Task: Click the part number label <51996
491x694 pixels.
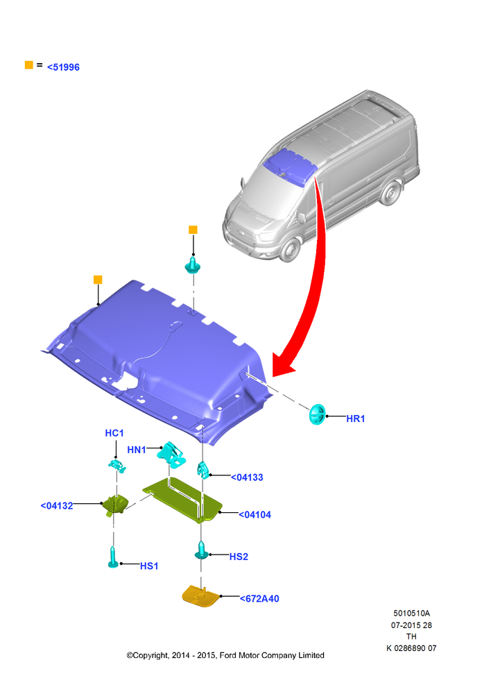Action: pyautogui.click(x=63, y=67)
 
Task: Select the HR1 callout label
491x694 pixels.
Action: pyautogui.click(x=356, y=418)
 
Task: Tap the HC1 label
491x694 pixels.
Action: pyautogui.click(x=114, y=433)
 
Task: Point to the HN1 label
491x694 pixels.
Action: pyautogui.click(x=137, y=450)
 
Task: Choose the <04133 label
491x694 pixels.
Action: pyautogui.click(x=248, y=477)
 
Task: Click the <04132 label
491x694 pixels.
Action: pyautogui.click(x=57, y=506)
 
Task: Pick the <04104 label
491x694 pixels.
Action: pyautogui.click(x=255, y=515)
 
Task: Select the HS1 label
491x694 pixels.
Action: pyautogui.click(x=149, y=566)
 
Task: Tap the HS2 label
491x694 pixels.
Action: pyautogui.click(x=239, y=557)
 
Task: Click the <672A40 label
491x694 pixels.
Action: pyautogui.click(x=259, y=599)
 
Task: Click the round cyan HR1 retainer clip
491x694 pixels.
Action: pyautogui.click(x=317, y=415)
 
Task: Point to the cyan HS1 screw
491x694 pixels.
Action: pyautogui.click(x=113, y=557)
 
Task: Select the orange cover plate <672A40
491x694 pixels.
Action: pyautogui.click(x=200, y=595)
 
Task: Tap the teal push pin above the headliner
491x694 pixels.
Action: pyautogui.click(x=192, y=264)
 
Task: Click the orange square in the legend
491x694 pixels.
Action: pyautogui.click(x=28, y=65)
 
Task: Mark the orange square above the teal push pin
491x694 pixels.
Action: pyautogui.click(x=193, y=230)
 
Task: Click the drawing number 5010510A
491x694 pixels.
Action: pyautogui.click(x=412, y=613)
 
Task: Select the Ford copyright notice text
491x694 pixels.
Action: pyautogui.click(x=225, y=656)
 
